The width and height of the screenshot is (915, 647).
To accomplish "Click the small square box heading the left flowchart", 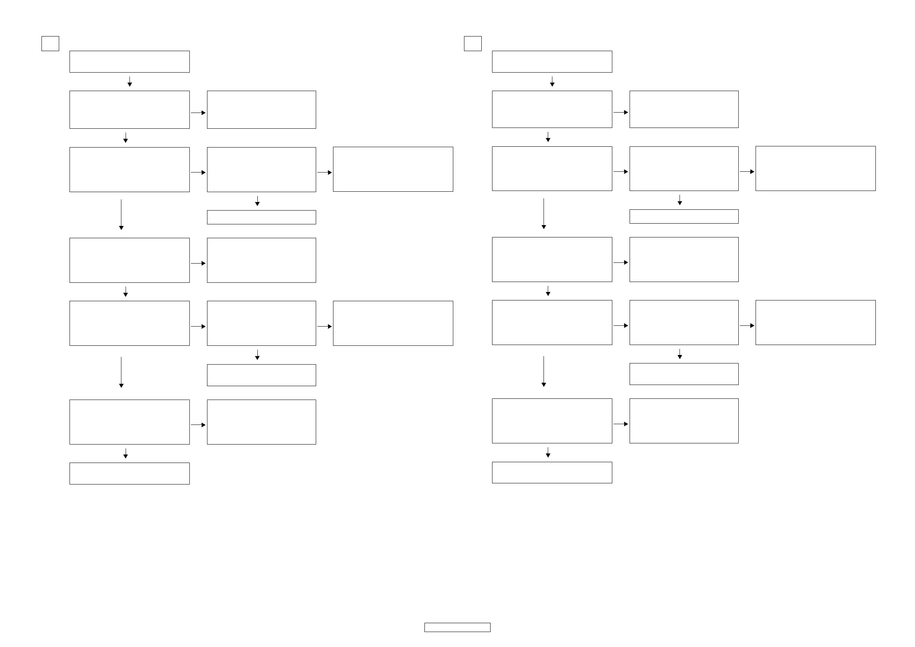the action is (x=50, y=43).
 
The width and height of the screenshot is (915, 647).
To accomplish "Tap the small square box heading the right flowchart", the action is (x=472, y=43).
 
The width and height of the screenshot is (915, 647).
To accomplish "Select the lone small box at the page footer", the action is (x=457, y=627).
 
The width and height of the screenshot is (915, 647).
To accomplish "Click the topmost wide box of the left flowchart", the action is (x=129, y=61).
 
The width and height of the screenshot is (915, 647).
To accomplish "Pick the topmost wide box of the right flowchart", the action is (x=552, y=61).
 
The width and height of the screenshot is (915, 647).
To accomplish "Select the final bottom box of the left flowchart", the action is (x=129, y=473).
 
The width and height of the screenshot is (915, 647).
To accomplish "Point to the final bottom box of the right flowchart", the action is (x=552, y=473).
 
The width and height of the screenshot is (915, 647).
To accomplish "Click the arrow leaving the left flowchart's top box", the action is (x=129, y=82).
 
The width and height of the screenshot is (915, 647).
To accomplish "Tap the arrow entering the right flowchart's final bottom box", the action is (x=548, y=453).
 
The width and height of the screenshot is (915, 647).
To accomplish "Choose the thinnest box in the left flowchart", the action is (x=262, y=217).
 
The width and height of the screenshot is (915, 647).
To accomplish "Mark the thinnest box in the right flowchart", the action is (x=684, y=216).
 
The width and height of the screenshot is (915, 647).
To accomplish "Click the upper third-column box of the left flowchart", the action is (x=393, y=169).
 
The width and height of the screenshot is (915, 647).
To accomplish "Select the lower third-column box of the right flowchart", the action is (x=816, y=322).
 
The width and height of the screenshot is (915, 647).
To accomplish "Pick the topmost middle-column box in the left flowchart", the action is (x=262, y=109).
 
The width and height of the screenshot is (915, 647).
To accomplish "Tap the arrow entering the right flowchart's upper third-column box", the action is (x=747, y=171).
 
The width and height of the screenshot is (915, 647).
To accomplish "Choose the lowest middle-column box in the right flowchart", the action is (x=684, y=421).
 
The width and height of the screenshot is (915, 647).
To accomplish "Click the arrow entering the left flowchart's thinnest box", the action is (x=257, y=201).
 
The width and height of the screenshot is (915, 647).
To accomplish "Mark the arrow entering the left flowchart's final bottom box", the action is (x=126, y=453).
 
